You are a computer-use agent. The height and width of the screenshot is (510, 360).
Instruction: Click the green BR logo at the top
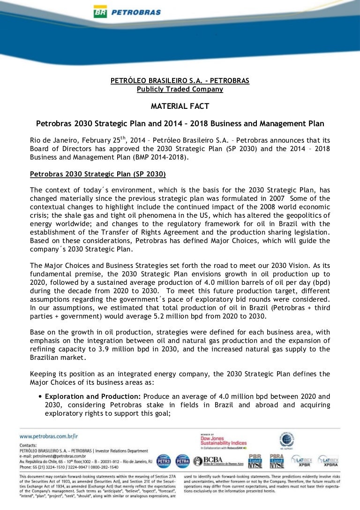click(100, 12)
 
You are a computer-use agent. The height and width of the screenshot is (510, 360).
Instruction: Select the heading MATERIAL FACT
click(180, 107)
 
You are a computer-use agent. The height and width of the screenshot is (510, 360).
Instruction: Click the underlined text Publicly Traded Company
click(180, 89)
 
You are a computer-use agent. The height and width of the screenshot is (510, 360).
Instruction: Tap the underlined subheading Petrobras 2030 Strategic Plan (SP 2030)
click(97, 174)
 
